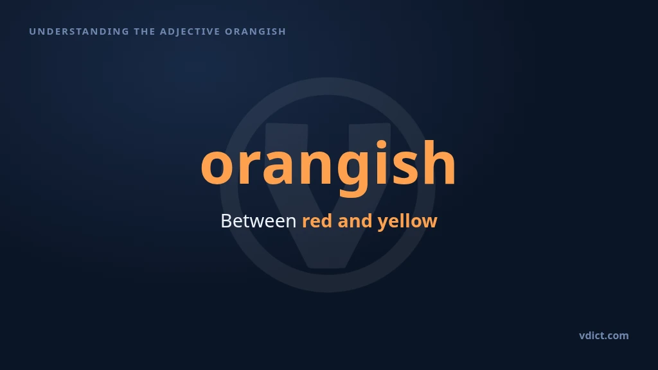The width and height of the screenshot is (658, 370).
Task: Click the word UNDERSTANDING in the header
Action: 79,31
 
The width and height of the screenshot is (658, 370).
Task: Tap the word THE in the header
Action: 145,31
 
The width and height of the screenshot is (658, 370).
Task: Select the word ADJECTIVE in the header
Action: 190,31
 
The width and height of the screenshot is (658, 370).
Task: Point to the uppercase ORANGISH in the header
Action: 256,31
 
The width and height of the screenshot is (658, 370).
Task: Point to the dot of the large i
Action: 381,145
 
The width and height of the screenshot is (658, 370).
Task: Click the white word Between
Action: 258,221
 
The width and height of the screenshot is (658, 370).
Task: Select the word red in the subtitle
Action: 317,221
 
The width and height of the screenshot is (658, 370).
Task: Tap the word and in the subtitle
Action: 355,221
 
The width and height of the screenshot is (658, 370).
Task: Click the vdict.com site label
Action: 604,335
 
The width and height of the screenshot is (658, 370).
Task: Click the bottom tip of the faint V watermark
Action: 328,268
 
